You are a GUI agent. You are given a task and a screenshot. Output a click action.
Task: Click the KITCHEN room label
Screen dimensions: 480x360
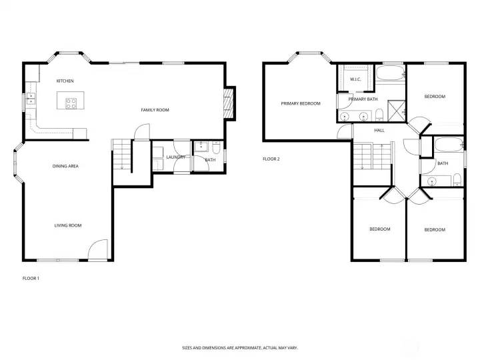(x=65, y=81)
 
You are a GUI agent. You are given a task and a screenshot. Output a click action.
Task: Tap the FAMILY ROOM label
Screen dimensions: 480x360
(x=155, y=110)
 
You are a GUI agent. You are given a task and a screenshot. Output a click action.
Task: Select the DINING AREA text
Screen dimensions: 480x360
(x=65, y=166)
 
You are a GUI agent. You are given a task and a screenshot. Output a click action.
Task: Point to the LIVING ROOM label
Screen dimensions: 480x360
(x=68, y=225)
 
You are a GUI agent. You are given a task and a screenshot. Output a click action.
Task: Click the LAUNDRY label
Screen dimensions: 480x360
(x=176, y=157)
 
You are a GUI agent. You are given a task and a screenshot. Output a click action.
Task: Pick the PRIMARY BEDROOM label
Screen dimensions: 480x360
(x=301, y=103)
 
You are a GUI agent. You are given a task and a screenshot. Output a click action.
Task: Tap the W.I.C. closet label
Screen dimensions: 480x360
(x=355, y=79)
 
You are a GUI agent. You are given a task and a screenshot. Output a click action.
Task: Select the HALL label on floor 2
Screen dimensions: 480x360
(x=379, y=131)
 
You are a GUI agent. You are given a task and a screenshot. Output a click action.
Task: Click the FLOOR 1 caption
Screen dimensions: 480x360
(x=31, y=278)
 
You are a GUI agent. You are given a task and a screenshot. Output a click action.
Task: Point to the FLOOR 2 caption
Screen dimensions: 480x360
(x=271, y=159)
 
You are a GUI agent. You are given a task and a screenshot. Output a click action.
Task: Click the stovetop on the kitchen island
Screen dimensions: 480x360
(x=71, y=103)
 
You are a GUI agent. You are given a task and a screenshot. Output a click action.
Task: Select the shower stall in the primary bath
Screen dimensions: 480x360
(x=397, y=111)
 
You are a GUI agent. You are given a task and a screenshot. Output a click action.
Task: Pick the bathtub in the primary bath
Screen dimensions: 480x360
(x=390, y=73)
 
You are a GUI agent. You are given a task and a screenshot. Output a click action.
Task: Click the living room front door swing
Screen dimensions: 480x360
(x=98, y=249)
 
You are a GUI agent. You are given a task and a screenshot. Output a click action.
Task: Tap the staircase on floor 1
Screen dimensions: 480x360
(x=122, y=154)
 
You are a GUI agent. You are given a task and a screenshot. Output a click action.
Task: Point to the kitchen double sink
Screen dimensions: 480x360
(x=31, y=99)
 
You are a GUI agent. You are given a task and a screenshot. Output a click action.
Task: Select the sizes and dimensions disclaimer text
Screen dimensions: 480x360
(x=240, y=348)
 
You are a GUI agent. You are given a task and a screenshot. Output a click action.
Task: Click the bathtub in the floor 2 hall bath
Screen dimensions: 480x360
(x=449, y=145)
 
